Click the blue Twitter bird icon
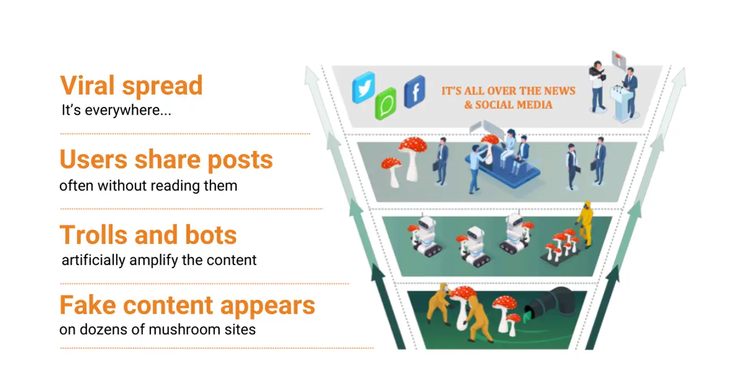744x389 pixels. click(363, 87)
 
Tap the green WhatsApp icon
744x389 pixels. click(386, 103)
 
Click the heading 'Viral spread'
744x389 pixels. click(131, 86)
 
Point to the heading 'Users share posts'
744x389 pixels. click(166, 160)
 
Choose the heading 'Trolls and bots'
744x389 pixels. click(148, 234)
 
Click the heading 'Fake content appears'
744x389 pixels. click(187, 306)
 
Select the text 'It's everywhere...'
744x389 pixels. click(116, 110)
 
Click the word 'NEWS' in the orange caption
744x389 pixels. click(561, 91)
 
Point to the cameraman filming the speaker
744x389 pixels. click(597, 86)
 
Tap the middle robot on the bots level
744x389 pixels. click(474, 246)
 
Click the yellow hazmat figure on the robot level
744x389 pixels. click(585, 224)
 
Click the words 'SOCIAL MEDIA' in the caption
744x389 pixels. click(514, 105)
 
